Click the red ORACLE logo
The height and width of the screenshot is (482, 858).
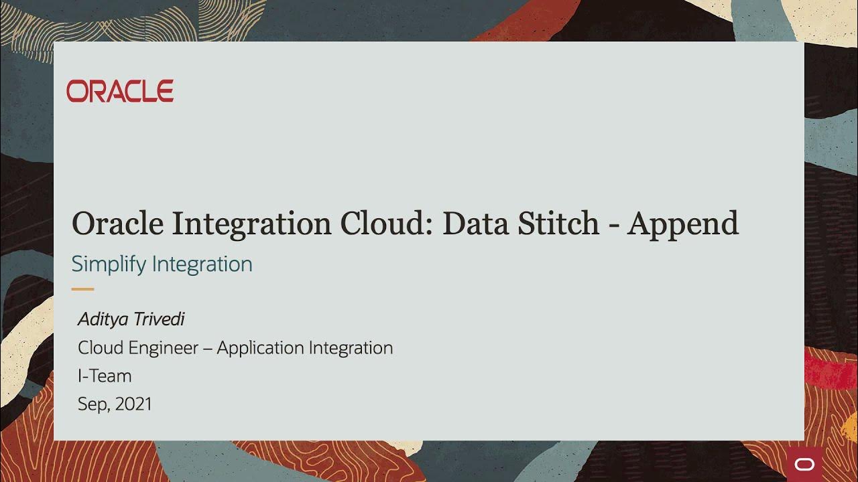coord(120,91)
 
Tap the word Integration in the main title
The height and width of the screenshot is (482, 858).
coord(251,224)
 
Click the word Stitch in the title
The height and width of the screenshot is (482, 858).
coord(558,224)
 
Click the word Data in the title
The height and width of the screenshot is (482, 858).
coord(475,224)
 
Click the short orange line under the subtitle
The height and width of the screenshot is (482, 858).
coord(82,289)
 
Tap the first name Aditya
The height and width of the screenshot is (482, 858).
coord(102,319)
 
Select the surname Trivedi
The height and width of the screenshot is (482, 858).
coord(158,319)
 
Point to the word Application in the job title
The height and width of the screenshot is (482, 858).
coord(259,348)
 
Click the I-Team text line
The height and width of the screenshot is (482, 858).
coord(105,376)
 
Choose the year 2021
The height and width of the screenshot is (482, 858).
coord(133,404)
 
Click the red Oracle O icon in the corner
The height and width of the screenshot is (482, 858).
coord(803,465)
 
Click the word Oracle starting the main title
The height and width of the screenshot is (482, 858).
coord(117,224)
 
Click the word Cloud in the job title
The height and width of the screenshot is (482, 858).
coord(101,348)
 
